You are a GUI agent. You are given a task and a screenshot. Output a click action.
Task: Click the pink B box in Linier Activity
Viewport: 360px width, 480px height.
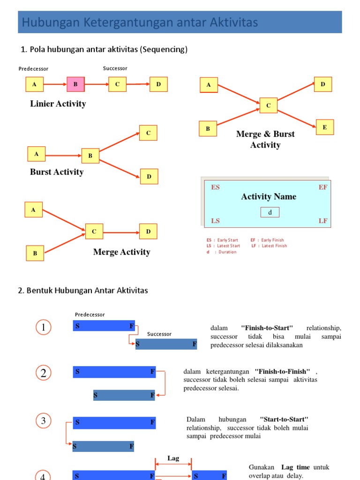(75, 84)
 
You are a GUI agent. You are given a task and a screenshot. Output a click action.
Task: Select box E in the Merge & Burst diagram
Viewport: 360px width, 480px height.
(324, 127)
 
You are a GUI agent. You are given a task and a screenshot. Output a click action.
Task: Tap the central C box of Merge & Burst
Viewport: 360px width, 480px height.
(269, 105)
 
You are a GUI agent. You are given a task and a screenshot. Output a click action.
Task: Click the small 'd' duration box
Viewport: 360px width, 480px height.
(270, 212)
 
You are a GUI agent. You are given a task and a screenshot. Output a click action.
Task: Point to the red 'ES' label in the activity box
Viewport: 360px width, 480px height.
(215, 187)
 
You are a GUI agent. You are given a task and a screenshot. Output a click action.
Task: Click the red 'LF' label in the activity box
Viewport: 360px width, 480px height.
(323, 221)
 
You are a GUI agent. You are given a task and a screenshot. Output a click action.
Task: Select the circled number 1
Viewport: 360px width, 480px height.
(43, 328)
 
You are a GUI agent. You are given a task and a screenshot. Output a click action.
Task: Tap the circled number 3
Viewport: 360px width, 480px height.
(43, 421)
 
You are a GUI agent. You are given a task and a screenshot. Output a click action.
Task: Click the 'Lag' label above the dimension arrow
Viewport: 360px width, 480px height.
(173, 458)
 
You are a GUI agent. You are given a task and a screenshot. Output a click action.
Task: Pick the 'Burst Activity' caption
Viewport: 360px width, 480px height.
(57, 172)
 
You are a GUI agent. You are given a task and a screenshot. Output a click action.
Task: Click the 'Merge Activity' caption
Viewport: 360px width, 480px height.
(121, 252)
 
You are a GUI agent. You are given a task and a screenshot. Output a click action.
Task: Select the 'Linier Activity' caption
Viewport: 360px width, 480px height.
(58, 104)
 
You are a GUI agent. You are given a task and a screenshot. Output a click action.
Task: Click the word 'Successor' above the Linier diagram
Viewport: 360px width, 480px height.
(115, 68)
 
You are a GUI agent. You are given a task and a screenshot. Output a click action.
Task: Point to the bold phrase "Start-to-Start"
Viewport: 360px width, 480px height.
(284, 419)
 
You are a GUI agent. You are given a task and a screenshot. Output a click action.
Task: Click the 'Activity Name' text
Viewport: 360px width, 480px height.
(269, 197)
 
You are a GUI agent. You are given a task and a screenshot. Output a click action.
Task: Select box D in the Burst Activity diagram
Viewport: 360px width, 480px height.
(149, 176)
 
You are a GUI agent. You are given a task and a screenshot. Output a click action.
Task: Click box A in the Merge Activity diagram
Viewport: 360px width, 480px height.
(33, 210)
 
